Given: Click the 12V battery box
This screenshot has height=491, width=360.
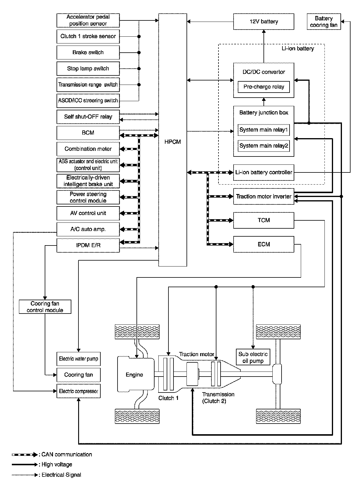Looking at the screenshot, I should (263, 22).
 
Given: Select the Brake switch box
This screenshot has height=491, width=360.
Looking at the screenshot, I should (88, 52).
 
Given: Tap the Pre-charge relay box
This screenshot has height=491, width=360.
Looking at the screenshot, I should (263, 87).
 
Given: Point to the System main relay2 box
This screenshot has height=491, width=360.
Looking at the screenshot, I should (263, 146).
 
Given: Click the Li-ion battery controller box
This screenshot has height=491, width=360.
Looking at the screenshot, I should (263, 172).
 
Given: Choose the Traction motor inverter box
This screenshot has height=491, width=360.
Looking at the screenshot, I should (263, 196).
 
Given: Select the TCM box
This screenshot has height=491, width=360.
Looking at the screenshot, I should (263, 220).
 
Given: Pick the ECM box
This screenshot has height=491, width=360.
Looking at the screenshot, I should (263, 244).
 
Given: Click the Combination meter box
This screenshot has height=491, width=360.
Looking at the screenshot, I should (88, 149).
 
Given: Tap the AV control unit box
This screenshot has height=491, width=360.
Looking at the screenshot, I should (88, 213).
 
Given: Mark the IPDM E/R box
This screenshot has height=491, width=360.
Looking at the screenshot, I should (88, 246).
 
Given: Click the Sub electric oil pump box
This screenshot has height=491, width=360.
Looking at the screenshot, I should (253, 357).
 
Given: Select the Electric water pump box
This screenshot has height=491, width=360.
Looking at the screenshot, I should (78, 359).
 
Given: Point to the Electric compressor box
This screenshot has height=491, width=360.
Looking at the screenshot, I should (78, 391).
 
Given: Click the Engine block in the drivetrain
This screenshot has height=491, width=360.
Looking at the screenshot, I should (135, 375).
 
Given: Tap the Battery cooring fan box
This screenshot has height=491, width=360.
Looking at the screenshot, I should (324, 22).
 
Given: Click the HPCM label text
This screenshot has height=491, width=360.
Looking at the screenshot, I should (173, 142).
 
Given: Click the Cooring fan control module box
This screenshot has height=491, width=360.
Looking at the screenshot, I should (45, 307).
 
